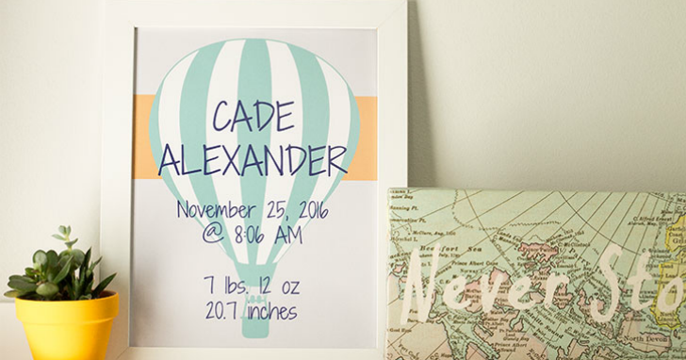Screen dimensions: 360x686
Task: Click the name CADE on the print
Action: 252,115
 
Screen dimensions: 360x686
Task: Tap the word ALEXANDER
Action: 253,160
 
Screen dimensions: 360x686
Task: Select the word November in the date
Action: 219,209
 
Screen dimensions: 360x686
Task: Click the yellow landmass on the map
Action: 673,240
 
